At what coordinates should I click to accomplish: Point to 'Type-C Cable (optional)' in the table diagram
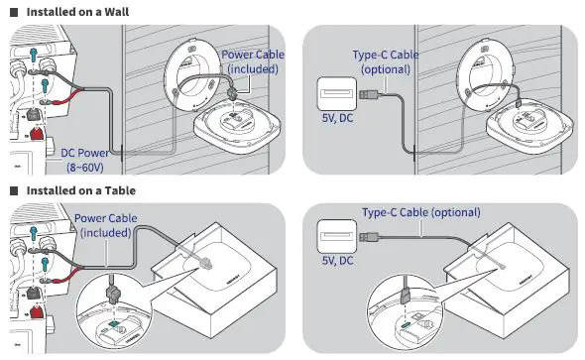420,212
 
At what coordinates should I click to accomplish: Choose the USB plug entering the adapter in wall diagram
366,95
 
